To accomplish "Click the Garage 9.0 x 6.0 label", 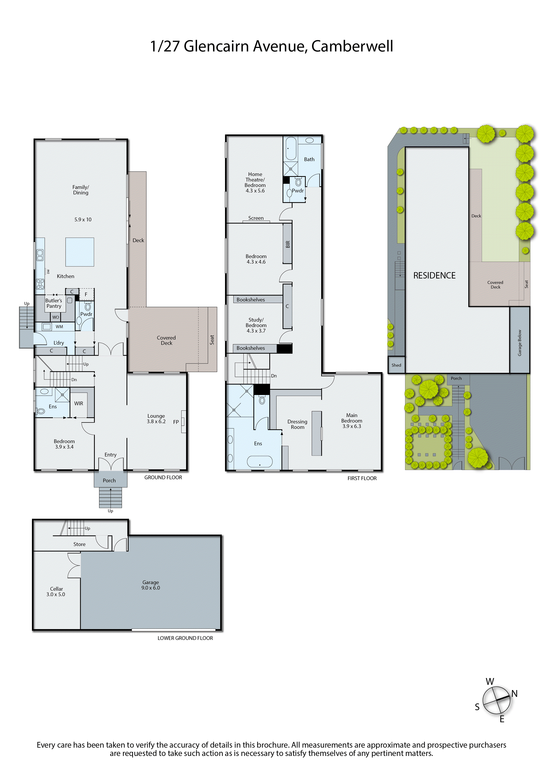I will point(151,585).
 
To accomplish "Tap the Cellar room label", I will point(56,589).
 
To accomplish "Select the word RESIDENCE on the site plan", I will point(434,276).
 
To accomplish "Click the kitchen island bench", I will point(80,252).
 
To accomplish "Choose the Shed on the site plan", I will point(396,365).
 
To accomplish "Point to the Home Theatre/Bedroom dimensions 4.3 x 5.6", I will point(255,191).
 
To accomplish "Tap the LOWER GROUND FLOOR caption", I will point(185,638).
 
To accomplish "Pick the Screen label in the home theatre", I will point(256,218).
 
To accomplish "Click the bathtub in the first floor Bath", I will point(291,148).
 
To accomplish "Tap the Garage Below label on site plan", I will point(520,343).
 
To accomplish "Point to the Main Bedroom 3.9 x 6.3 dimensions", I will point(352,426).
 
